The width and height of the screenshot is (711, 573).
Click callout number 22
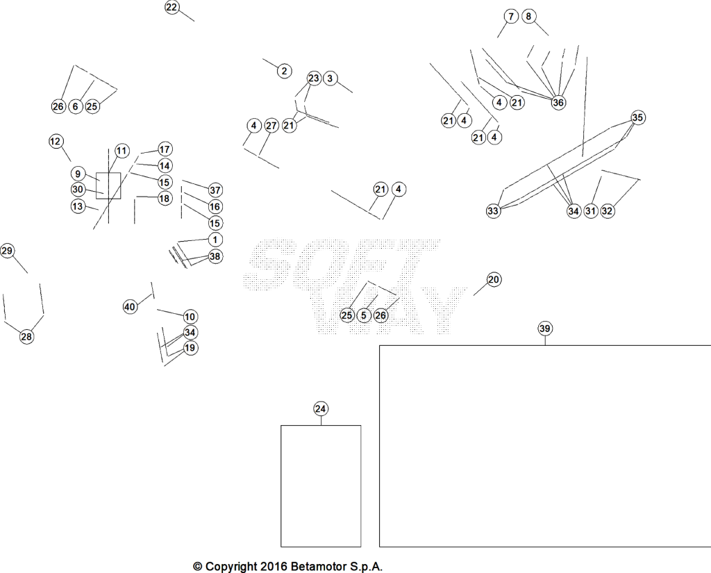tap(172, 7)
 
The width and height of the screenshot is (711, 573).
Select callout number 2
tap(284, 71)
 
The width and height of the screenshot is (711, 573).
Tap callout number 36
tap(558, 103)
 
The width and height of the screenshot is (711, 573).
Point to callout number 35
tap(637, 117)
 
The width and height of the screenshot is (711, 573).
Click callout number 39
tap(545, 329)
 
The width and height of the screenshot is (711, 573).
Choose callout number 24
tap(321, 409)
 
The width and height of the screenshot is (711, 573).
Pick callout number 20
tap(494, 279)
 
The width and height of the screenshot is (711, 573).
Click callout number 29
tap(7, 251)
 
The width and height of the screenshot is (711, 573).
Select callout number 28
tap(27, 337)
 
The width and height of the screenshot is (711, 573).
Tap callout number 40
tap(130, 307)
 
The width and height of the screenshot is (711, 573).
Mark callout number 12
tap(56, 141)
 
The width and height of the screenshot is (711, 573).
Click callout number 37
tap(215, 190)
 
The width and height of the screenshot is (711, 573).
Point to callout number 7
tap(511, 17)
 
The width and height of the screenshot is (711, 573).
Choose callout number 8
tap(528, 17)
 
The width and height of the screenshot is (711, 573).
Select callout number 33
tap(494, 210)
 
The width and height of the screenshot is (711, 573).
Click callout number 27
tap(271, 126)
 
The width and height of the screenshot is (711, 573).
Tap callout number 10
tap(190, 317)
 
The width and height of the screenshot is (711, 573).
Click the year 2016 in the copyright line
tap(274, 567)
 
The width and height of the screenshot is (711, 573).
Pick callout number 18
tap(165, 198)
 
